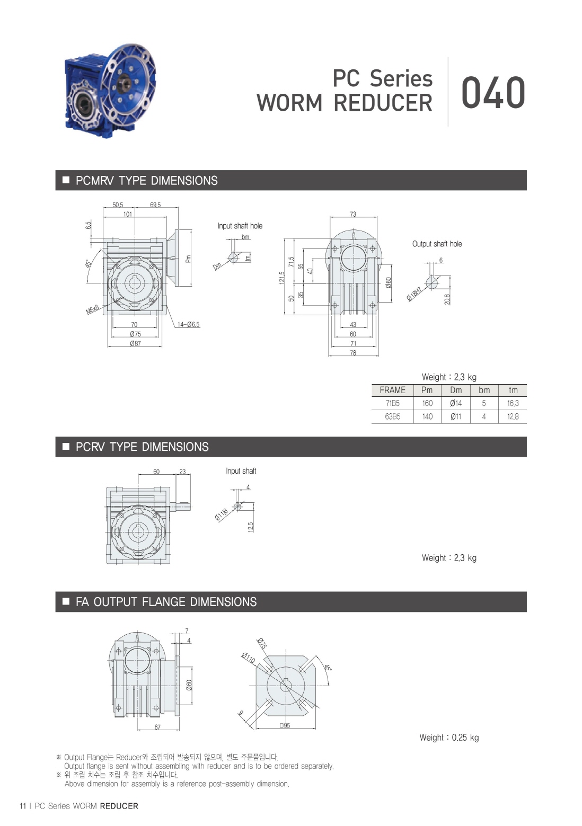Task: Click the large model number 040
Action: tap(493, 93)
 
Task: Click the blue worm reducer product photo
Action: tap(110, 91)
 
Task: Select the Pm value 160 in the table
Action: tap(427, 403)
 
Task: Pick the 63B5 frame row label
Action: tap(392, 416)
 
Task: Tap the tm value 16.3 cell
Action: tap(513, 403)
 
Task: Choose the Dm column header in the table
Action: tap(456, 390)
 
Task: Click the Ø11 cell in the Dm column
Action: tap(456, 416)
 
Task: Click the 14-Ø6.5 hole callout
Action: tap(189, 324)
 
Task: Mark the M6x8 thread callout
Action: tap(92, 309)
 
